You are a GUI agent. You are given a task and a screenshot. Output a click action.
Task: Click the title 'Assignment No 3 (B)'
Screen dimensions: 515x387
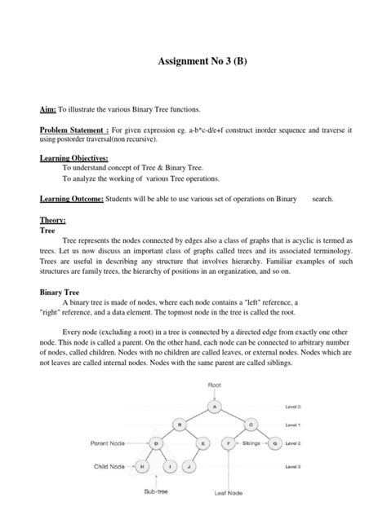coord(193,66)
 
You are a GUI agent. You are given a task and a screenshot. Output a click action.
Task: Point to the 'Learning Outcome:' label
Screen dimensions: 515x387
coord(71,197)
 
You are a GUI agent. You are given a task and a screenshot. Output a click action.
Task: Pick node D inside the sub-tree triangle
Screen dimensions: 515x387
coord(155,444)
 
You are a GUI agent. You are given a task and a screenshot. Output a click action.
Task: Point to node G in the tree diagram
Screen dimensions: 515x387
coord(276,444)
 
